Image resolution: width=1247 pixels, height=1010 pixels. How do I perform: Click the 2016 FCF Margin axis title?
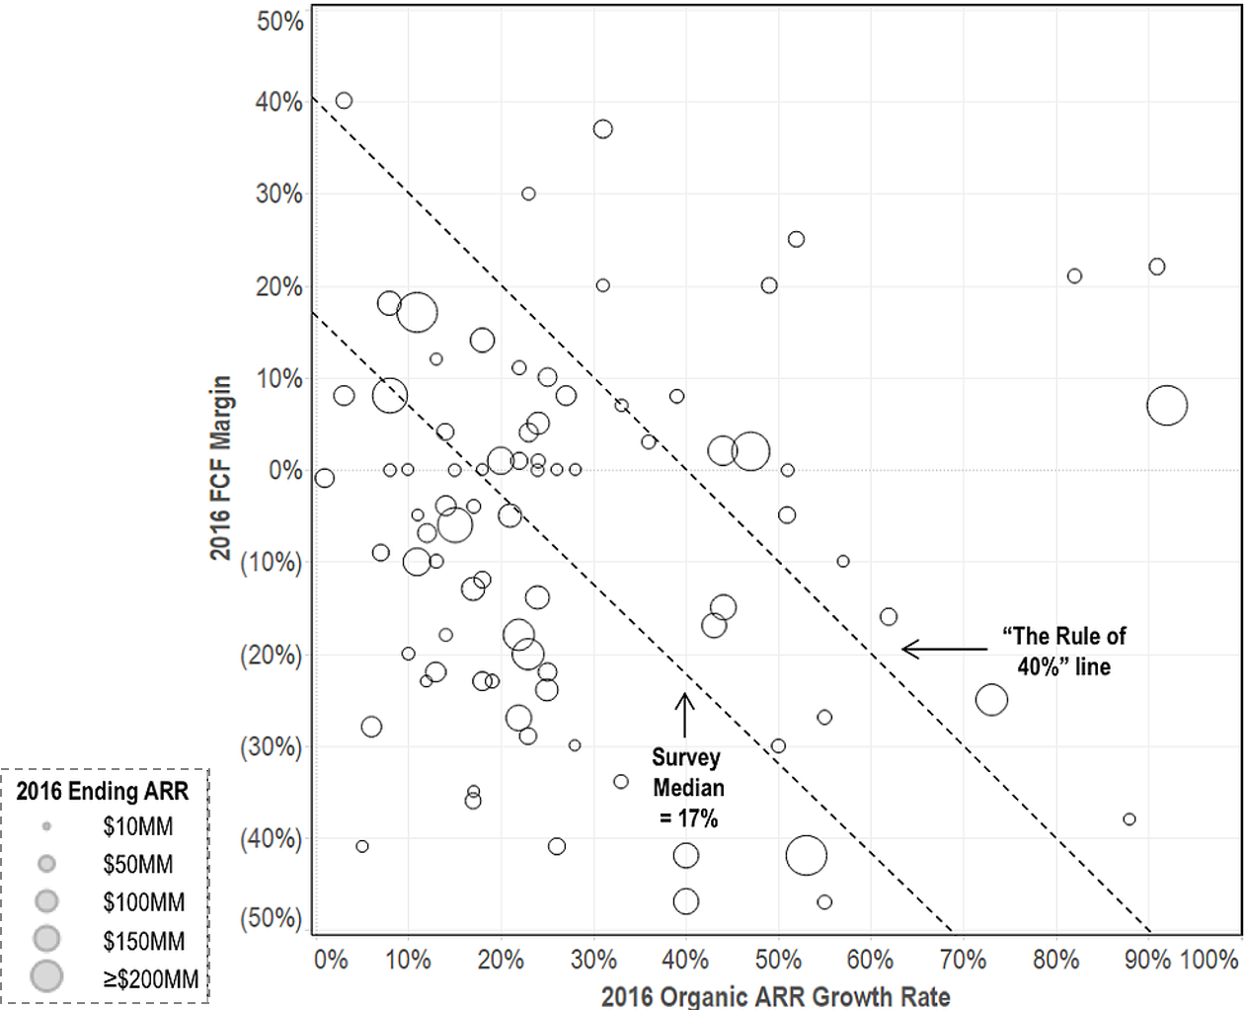pos(220,467)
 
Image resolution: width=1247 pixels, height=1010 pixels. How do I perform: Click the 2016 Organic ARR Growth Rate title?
pos(775,995)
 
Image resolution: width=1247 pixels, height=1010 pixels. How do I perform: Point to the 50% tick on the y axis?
pos(280,21)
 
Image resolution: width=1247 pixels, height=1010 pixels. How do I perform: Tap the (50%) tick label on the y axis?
pos(271,917)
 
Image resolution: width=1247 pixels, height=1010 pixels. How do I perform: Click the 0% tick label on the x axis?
pos(331,959)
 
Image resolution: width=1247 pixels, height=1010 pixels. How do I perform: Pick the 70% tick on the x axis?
pos(963,959)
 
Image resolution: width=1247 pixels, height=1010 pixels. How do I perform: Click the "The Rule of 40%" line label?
pos(1063,652)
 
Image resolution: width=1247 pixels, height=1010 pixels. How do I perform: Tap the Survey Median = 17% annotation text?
pos(687,788)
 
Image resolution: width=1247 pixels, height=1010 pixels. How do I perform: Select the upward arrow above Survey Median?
pos(684,715)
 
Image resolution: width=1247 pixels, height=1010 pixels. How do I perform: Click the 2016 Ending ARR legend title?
pos(103,791)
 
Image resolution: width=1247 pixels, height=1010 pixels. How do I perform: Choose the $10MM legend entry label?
pos(137,826)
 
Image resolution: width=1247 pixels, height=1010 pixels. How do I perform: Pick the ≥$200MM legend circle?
pos(46,976)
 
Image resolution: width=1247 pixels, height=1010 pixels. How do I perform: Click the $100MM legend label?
pos(143,901)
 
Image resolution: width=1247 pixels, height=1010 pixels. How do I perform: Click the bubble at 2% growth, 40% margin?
pos(344,101)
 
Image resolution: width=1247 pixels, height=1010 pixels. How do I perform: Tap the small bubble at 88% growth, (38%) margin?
pos(1130,819)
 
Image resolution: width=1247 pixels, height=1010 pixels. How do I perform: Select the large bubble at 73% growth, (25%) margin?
pos(991,700)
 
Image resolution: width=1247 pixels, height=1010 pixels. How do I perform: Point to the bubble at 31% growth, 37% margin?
pos(602,129)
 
